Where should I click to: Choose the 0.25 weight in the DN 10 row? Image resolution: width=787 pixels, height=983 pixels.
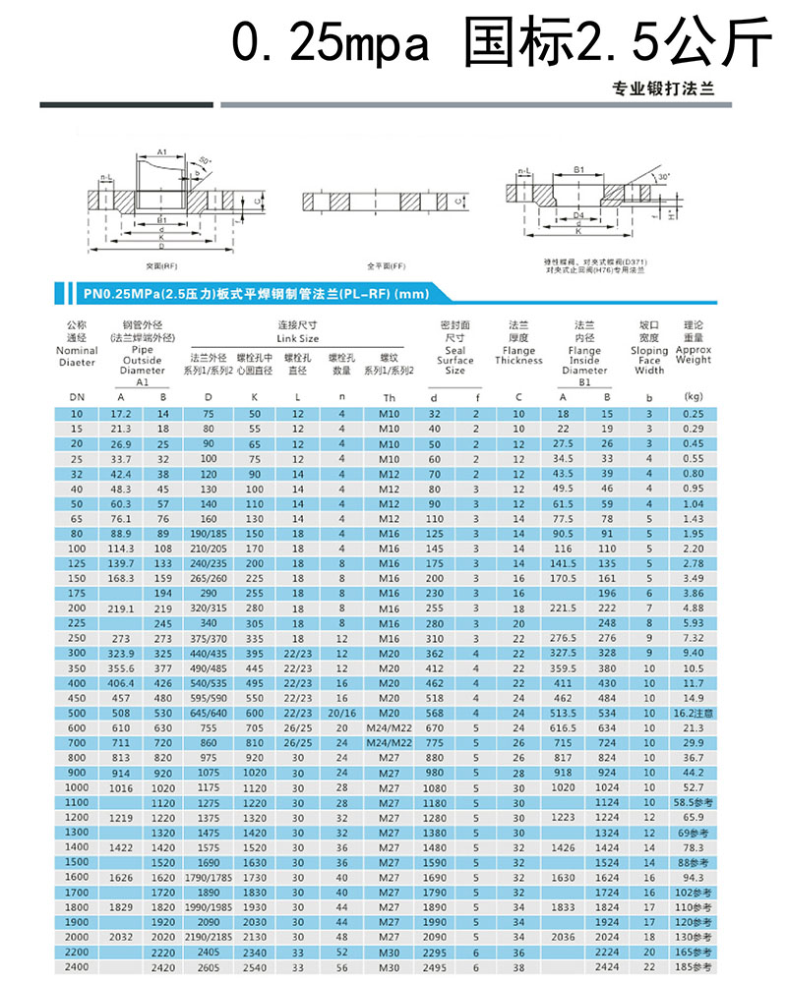coord(693,413)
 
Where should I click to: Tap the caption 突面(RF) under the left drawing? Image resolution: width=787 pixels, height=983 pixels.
coord(161,265)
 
